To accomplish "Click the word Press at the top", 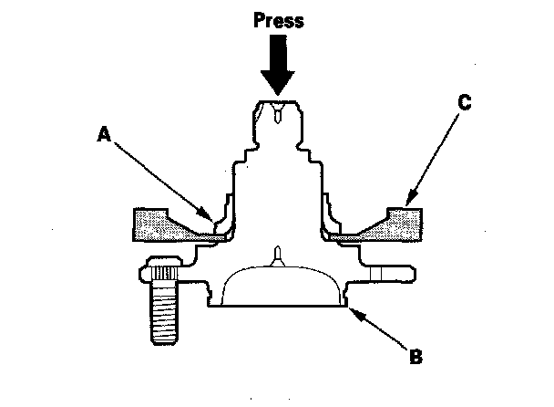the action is [278, 20].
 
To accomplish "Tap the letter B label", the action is [415, 356].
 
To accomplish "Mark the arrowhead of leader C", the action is [406, 202].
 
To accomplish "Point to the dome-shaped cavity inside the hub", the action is [278, 287].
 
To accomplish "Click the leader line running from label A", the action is [164, 178].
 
